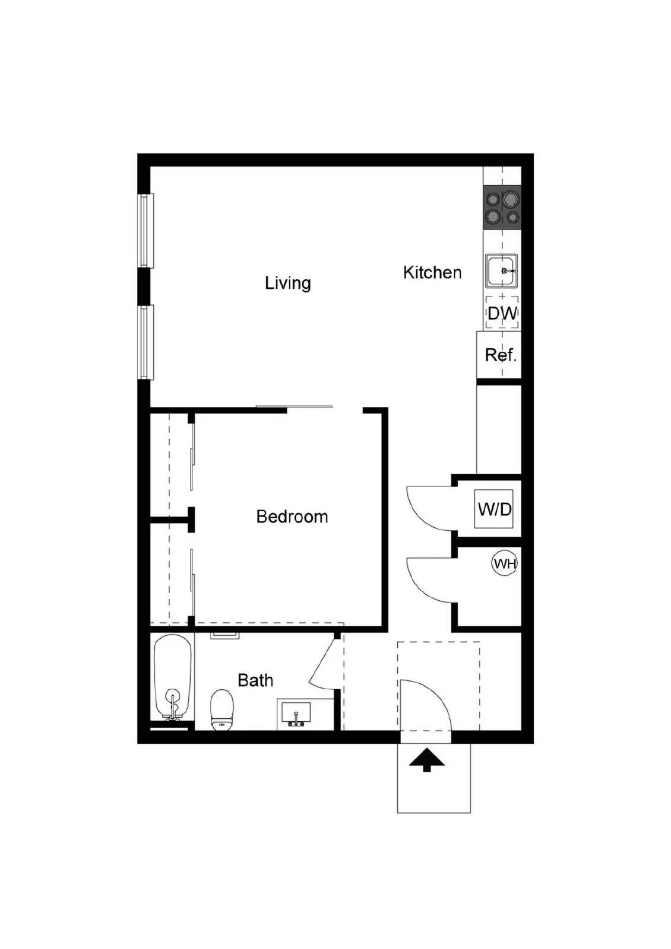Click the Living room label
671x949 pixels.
click(287, 283)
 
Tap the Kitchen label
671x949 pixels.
click(432, 273)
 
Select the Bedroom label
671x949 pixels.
click(292, 517)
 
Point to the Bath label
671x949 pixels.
click(255, 680)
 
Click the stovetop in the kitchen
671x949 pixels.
click(502, 208)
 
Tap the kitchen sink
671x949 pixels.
click(502, 271)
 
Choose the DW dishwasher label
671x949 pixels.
click(502, 313)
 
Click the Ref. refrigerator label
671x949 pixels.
click(500, 355)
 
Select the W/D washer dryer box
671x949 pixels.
click(494, 509)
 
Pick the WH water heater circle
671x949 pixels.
click(504, 563)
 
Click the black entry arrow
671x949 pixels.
click(426, 761)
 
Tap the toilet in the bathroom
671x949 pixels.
click(221, 709)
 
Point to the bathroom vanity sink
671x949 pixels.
click(295, 713)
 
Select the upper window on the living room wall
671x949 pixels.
click(145, 231)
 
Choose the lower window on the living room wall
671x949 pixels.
click(145, 342)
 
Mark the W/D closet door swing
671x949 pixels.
click(429, 508)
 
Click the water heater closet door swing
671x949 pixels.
click(429, 579)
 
